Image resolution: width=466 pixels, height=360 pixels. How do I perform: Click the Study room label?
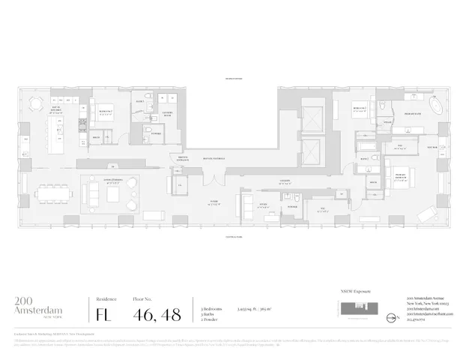tap(263, 203)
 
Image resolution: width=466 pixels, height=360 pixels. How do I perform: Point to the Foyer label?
tap(214, 202)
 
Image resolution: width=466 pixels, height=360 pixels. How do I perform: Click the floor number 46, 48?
tap(157, 314)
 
